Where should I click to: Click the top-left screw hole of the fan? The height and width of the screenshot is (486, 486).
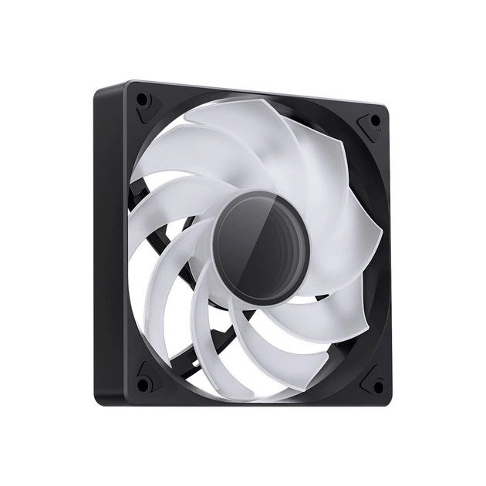[x=142, y=100]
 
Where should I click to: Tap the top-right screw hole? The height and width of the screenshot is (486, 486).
[x=375, y=120]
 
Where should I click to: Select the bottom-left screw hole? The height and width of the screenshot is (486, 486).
[x=143, y=383]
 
